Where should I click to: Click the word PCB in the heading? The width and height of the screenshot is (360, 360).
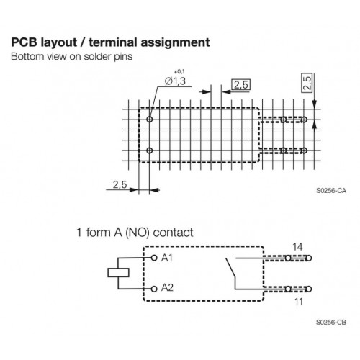24,42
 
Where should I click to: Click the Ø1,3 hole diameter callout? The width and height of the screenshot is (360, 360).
175,81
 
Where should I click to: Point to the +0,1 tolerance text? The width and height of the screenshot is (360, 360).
179,71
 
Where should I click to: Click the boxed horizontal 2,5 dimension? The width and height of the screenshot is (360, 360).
241,85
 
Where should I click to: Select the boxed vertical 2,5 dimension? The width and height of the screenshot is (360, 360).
307,83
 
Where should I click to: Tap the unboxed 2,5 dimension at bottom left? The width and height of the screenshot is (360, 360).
120,185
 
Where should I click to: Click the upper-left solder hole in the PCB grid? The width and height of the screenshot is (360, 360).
150,120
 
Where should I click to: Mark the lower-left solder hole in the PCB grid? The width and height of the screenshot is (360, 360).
150,150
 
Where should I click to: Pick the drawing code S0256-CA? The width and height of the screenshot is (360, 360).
331,191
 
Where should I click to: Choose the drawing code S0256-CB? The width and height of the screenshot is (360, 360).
331,322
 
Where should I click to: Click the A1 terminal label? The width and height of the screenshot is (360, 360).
167,258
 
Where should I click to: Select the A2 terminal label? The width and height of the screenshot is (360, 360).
167,287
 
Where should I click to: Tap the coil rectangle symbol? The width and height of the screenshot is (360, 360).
118,273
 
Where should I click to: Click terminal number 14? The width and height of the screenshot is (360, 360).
297,247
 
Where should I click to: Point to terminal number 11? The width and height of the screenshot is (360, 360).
299,302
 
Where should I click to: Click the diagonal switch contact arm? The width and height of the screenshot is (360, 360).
230,268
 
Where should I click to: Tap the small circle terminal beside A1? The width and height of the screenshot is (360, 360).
154,258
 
